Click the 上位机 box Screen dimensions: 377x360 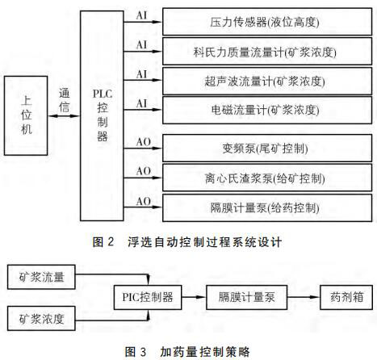point(26,115)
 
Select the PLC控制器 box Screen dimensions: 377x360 point(102,115)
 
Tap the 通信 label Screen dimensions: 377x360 point(65,100)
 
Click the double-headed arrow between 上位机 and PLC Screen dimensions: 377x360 point(64,116)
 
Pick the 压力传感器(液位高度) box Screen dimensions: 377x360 point(267,22)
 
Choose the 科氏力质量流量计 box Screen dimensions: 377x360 point(267,51)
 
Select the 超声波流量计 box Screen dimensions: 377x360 point(267,81)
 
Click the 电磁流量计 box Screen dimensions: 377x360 point(267,110)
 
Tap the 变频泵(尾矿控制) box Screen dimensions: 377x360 point(267,148)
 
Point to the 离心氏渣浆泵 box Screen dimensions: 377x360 point(267,178)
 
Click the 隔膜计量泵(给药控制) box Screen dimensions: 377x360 point(267,207)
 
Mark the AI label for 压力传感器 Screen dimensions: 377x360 point(142,15)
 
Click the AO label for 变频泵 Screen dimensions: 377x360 point(144,142)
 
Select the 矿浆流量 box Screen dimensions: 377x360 point(41,277)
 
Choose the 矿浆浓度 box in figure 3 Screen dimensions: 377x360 point(41,318)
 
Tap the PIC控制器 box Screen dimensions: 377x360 point(148,297)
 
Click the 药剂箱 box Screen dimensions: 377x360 point(346,297)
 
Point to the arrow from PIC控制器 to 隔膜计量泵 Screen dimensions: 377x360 point(194,297)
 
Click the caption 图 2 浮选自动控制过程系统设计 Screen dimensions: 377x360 point(187,241)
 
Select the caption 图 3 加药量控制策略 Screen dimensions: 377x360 point(187,351)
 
